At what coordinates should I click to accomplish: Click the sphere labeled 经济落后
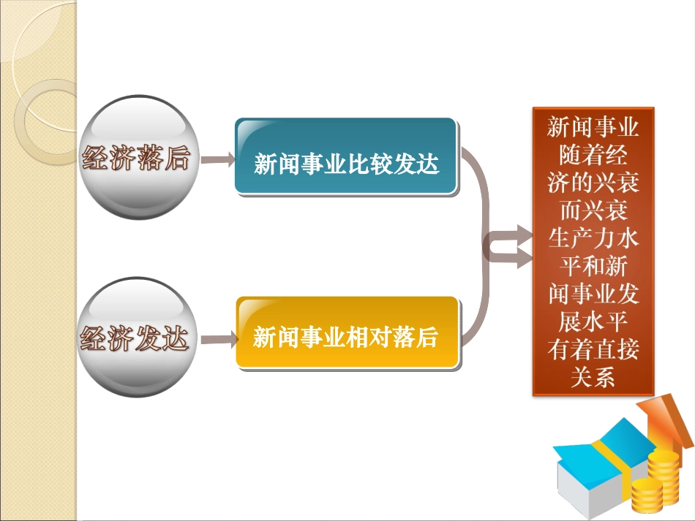(x=135, y=158)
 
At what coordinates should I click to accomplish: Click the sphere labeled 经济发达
(x=135, y=338)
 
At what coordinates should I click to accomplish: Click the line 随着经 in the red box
(x=593, y=156)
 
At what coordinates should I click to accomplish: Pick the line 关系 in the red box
(x=593, y=377)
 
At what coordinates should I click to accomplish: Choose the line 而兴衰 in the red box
(x=593, y=211)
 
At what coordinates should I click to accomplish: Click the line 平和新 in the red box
(x=593, y=267)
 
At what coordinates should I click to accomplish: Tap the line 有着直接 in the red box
(x=593, y=349)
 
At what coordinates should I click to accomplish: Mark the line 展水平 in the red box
(x=593, y=322)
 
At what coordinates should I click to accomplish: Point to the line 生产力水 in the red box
(x=593, y=239)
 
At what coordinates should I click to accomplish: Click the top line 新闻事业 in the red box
(x=593, y=128)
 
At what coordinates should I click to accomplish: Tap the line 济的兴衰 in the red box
(x=593, y=183)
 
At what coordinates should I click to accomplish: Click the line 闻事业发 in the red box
(x=593, y=294)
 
